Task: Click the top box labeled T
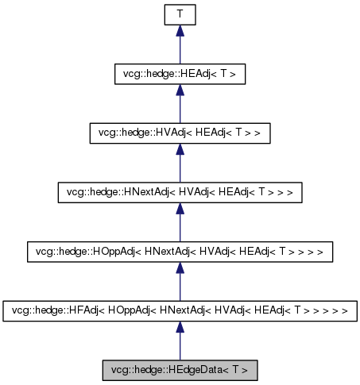click(180, 14)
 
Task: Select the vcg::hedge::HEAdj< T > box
click(180, 74)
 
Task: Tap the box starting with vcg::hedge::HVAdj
click(180, 133)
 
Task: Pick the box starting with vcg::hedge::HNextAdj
click(180, 192)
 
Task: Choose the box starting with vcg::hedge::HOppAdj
click(180, 252)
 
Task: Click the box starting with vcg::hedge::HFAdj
click(180, 310)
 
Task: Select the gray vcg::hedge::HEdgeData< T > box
click(180, 370)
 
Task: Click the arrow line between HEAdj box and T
click(180, 49)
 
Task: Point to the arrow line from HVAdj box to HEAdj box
click(180, 109)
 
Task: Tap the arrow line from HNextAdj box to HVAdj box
click(180, 168)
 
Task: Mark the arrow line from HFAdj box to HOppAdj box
click(180, 287)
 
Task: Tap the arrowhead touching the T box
click(180, 31)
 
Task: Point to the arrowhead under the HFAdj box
click(180, 327)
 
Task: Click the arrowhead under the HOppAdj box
click(180, 268)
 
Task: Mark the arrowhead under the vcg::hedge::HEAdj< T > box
click(180, 90)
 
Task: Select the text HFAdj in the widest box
click(77, 310)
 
